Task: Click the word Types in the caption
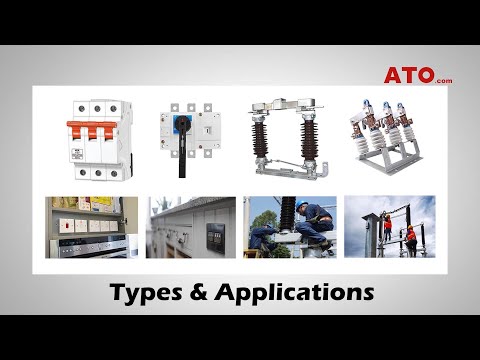tap(150, 293)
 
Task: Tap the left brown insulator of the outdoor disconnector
tap(269, 140)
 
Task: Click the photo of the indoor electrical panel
tap(92, 227)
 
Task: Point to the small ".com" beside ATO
tap(444, 80)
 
